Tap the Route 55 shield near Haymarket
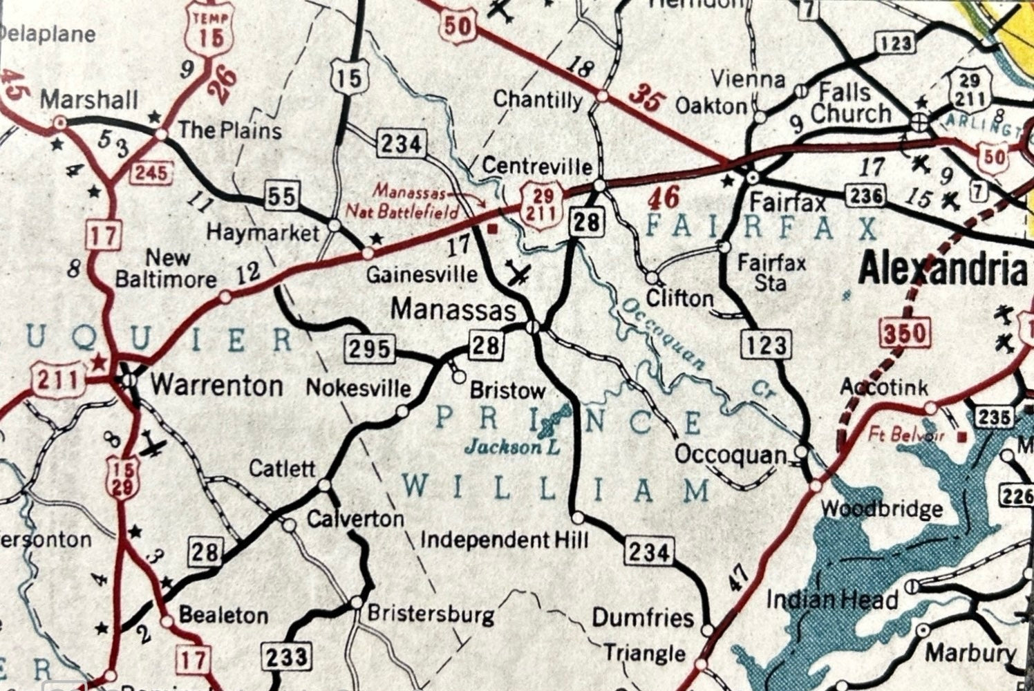point(281,198)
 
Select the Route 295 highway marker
point(369,349)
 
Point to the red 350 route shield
point(903,334)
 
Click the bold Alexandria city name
point(942,269)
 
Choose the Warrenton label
point(216,385)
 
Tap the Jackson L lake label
point(511,448)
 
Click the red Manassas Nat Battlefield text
point(415,200)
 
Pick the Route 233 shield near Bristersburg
point(285,656)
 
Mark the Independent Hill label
point(505,539)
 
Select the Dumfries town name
point(643,617)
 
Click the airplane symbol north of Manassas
point(518,274)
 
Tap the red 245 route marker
point(151,172)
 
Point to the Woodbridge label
point(881,509)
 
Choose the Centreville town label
point(537,167)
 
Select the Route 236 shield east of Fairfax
point(866,196)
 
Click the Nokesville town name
point(358,388)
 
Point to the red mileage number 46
point(664,198)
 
